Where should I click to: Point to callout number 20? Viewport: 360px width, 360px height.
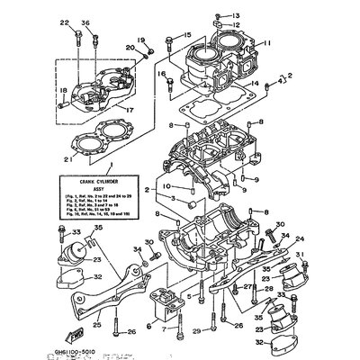coord(130,48)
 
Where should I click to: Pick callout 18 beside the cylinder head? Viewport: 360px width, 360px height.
coord(62,90)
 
